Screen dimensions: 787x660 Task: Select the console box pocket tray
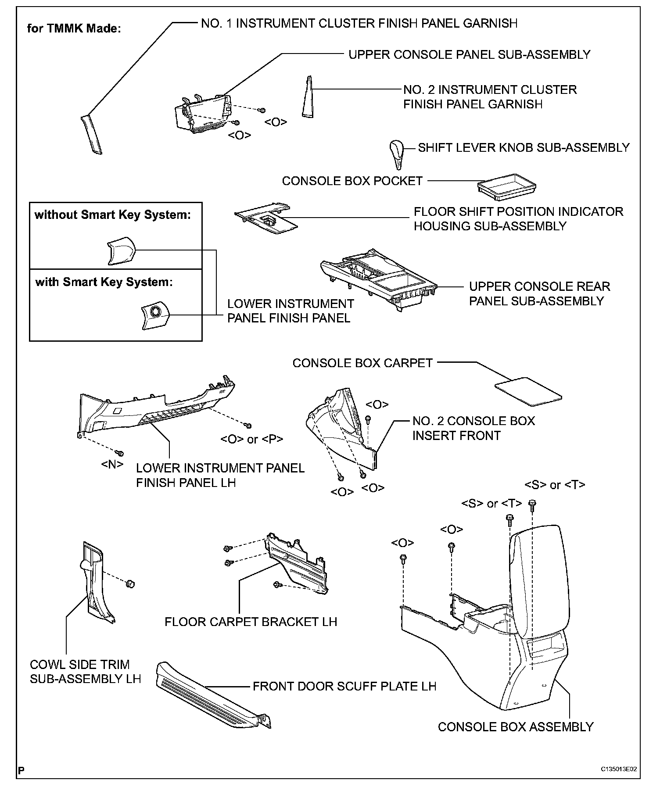(507, 186)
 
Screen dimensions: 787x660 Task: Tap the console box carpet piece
(528, 390)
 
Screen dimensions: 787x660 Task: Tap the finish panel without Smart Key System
(121, 250)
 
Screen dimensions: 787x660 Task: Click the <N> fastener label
(112, 464)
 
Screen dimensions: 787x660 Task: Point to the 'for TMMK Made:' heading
(74, 29)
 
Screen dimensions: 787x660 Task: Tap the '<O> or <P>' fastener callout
(251, 439)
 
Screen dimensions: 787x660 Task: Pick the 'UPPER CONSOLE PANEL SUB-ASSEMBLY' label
(469, 55)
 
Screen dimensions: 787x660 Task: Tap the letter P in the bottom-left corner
(21, 770)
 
